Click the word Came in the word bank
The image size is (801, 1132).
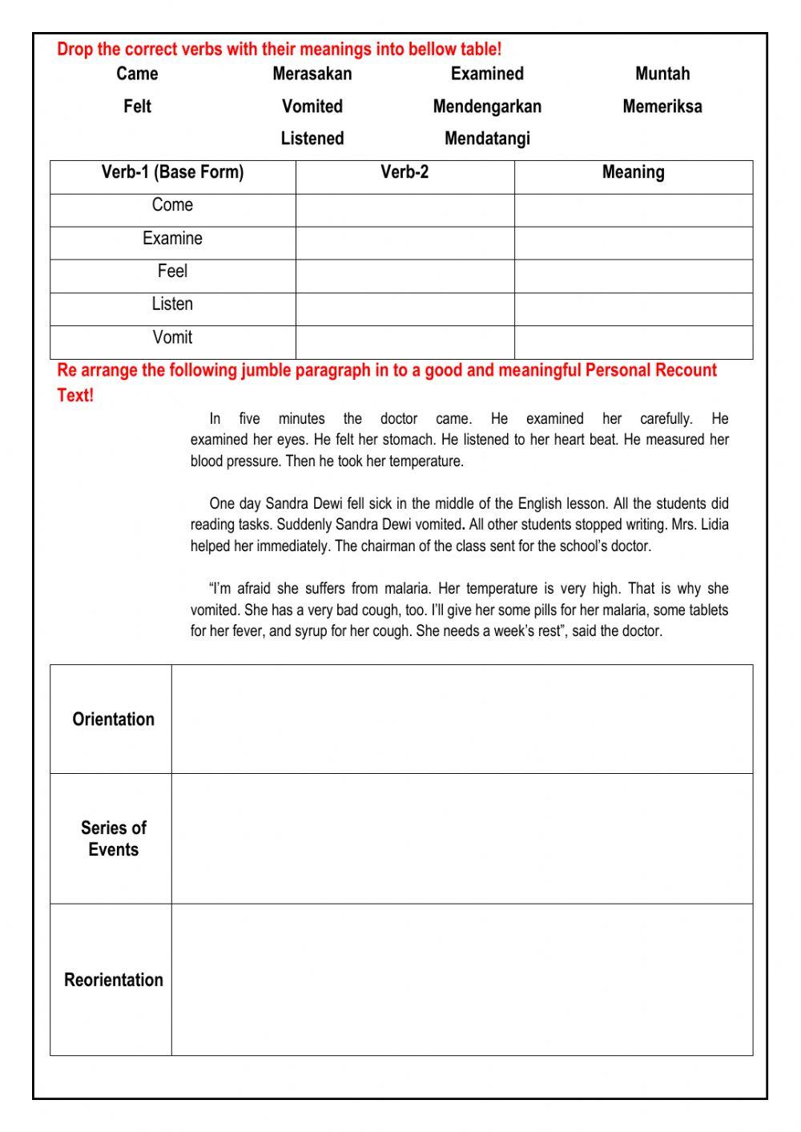point(137,74)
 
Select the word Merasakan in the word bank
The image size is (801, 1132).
point(312,74)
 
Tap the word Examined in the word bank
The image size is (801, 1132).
point(487,74)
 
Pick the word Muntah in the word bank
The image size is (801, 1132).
point(662,74)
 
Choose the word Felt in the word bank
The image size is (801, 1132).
point(137,107)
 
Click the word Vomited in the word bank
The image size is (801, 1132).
point(312,107)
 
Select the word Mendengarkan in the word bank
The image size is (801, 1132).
point(487,107)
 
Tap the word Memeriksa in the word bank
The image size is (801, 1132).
point(662,107)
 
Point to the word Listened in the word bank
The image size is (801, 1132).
point(312,139)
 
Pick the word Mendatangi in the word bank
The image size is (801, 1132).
point(487,139)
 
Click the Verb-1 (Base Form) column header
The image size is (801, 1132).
point(172,172)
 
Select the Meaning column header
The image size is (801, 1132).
point(633,172)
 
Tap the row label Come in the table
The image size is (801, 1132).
point(172,205)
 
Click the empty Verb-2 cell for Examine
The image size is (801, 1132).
point(405,243)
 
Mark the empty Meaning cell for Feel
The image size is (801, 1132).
point(633,276)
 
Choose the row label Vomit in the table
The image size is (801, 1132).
point(172,337)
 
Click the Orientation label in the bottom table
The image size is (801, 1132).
point(113,719)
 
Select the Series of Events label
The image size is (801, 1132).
point(113,839)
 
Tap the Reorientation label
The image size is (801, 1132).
point(113,980)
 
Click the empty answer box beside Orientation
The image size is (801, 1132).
point(461,719)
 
